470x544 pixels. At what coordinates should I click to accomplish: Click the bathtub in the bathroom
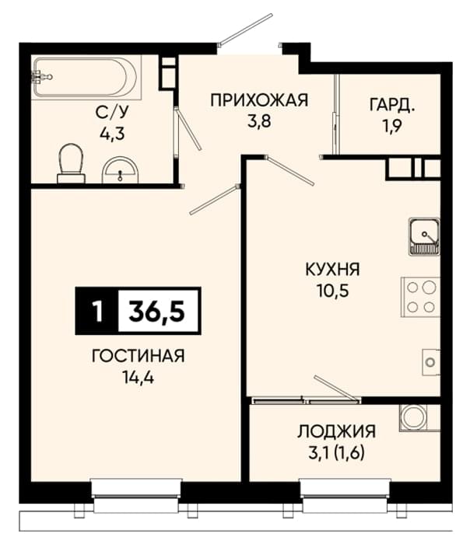pyautogui.click(x=86, y=78)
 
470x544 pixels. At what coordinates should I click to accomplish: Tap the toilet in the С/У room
pyautogui.click(x=72, y=163)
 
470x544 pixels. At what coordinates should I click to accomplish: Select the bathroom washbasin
pyautogui.click(x=120, y=170)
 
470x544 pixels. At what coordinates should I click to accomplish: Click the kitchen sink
pyautogui.click(x=424, y=236)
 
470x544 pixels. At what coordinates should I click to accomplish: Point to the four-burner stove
pyautogui.click(x=421, y=297)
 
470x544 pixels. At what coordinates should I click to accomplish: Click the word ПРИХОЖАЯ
pyautogui.click(x=259, y=100)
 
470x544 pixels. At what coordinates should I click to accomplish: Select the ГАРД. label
pyautogui.click(x=392, y=105)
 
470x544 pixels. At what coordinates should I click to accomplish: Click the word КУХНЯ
pyautogui.click(x=332, y=270)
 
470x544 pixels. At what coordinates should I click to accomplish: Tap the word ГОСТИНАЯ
pyautogui.click(x=138, y=356)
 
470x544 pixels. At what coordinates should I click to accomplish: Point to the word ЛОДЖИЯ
pyautogui.click(x=336, y=431)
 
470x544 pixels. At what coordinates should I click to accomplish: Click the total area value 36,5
pyautogui.click(x=156, y=311)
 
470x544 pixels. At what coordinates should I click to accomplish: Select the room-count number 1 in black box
pyautogui.click(x=98, y=311)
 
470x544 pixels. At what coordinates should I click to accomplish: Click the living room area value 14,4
pyautogui.click(x=138, y=377)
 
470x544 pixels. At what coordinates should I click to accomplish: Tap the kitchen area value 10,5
pyautogui.click(x=332, y=291)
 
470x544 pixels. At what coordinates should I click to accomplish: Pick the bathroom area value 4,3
pyautogui.click(x=112, y=133)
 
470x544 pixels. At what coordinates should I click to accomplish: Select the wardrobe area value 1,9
pyautogui.click(x=392, y=126)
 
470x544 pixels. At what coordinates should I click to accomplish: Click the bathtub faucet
pyautogui.click(x=41, y=77)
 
